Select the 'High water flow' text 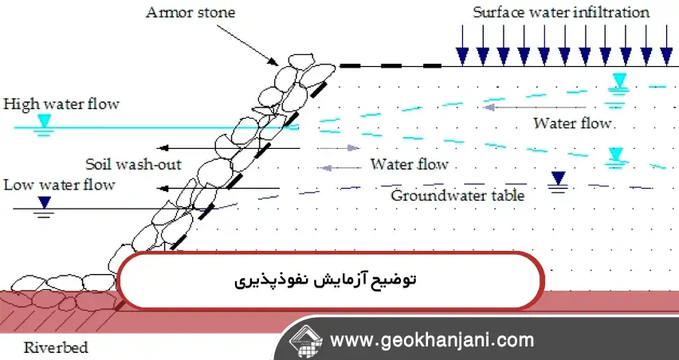point(61,104)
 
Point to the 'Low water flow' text point(59,185)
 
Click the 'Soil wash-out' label point(134,165)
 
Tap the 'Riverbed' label point(56,347)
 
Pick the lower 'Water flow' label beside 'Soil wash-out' point(409,165)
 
